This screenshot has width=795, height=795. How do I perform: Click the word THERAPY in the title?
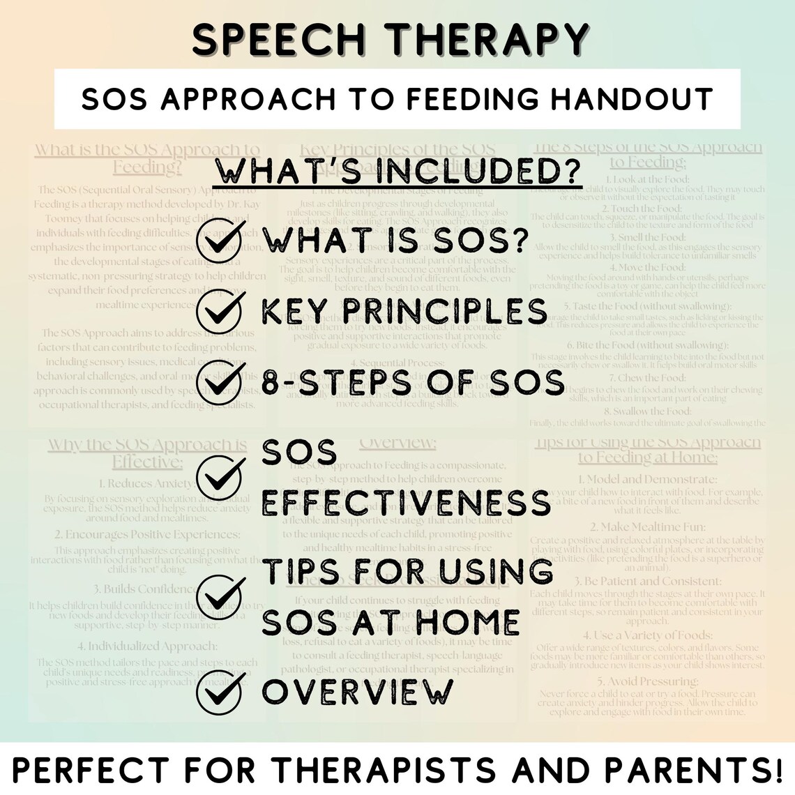[x=485, y=40]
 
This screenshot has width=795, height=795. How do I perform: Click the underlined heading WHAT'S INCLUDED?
[x=397, y=172]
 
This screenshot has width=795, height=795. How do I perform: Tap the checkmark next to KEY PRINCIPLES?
[x=220, y=311]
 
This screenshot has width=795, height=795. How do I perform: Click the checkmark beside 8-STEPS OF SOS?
[x=220, y=383]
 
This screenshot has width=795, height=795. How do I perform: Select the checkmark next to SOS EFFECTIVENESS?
[x=220, y=477]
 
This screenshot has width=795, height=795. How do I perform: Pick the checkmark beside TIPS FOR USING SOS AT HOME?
[x=220, y=596]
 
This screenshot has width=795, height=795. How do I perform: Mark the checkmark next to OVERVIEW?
[x=220, y=691]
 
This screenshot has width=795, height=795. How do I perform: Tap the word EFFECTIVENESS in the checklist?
[x=406, y=503]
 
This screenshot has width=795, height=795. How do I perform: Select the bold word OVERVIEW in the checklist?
[x=358, y=691]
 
